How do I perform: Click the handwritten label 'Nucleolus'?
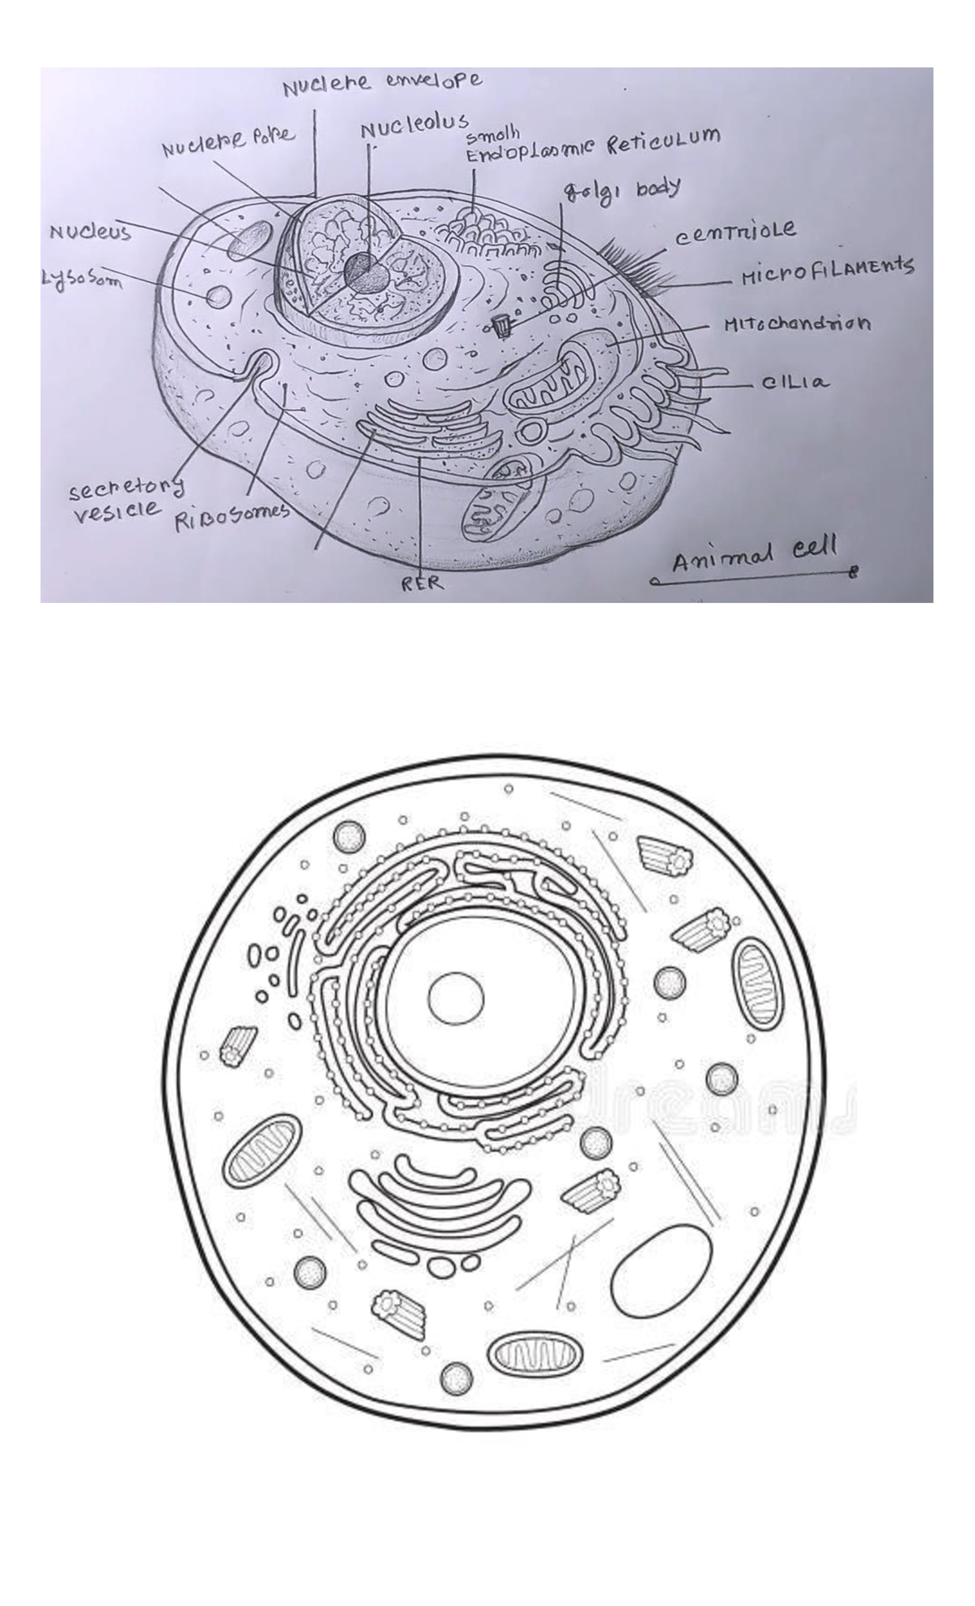(x=414, y=128)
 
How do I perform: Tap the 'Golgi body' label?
(x=622, y=190)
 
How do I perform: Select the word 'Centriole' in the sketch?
(x=735, y=232)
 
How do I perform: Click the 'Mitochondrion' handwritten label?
(x=797, y=323)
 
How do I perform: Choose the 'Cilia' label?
(x=796, y=382)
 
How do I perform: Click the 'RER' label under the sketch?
(x=422, y=583)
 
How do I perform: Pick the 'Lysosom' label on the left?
(x=80, y=279)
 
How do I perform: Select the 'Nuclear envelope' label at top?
(x=382, y=82)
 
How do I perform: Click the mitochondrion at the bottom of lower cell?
(x=535, y=1354)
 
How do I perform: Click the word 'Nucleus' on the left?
(x=90, y=232)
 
